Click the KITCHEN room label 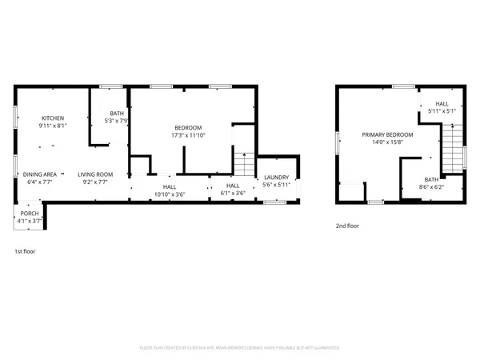[53, 118]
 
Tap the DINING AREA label [39, 174]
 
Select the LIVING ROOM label [95, 174]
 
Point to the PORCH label [28, 214]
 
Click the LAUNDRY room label [277, 178]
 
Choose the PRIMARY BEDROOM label [387, 134]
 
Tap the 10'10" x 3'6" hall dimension [164, 194]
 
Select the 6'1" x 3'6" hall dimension [233, 194]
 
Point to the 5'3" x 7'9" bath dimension [117, 122]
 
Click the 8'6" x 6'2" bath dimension [431, 187]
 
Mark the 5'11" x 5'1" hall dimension [442, 111]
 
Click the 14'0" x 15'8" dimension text [387, 143]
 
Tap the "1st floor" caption [24, 251]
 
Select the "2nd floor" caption [347, 226]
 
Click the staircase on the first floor [242, 165]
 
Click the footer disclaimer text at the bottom [239, 348]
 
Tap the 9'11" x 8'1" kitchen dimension [53, 126]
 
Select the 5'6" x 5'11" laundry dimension [277, 186]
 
